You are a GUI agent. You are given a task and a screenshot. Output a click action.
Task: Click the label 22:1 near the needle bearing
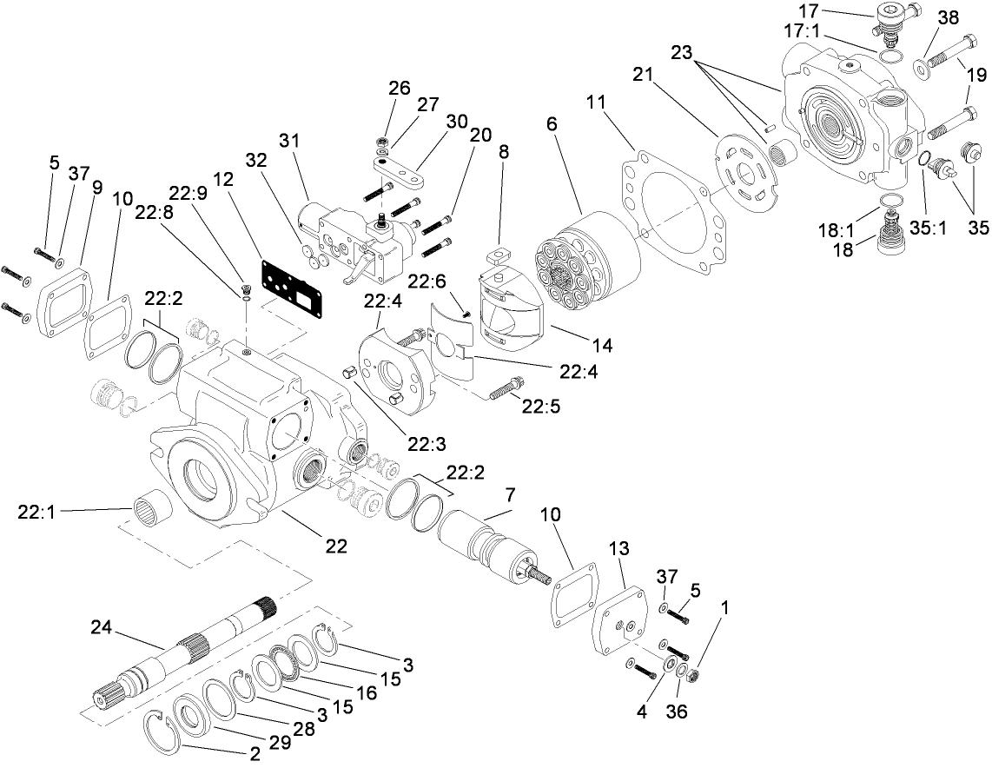36,512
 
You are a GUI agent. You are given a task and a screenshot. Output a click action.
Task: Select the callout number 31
288,139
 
